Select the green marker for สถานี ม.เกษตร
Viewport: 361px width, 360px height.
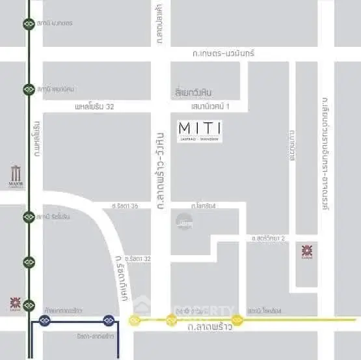tap(29, 23)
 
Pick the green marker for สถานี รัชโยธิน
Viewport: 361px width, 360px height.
tap(29, 216)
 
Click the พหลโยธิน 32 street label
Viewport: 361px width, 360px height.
tap(95, 106)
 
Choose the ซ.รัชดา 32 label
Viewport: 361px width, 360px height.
tap(138, 258)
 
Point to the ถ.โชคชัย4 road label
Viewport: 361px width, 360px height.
tap(203, 206)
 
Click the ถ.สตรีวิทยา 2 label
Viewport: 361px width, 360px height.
tap(268, 239)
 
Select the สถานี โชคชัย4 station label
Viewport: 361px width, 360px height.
tap(263, 311)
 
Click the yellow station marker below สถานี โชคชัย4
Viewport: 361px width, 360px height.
tap(237, 320)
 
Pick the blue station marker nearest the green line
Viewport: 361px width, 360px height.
tap(45, 320)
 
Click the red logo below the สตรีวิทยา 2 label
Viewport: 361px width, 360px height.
tap(306, 251)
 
